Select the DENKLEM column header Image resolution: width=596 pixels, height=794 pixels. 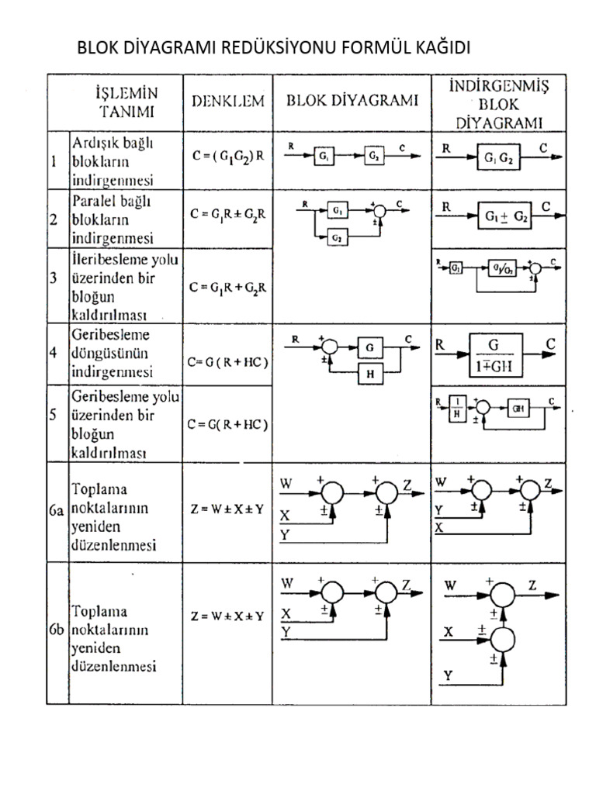(x=228, y=101)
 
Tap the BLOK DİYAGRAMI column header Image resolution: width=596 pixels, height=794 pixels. (x=353, y=101)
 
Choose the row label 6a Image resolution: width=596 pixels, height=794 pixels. (x=58, y=511)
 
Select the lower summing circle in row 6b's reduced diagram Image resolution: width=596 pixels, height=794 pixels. (x=504, y=640)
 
